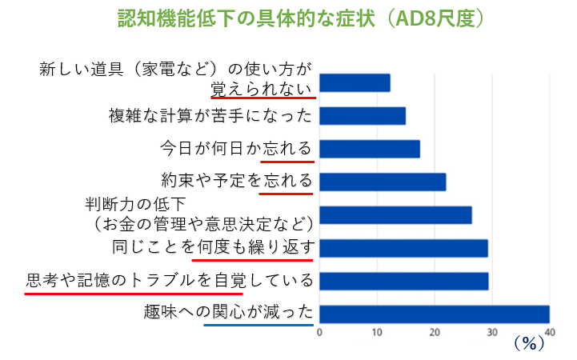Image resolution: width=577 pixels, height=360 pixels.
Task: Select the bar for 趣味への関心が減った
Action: point(434,314)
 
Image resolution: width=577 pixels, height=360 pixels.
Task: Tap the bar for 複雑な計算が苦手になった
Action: point(362,116)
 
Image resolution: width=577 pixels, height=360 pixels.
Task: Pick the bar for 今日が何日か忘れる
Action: point(369,149)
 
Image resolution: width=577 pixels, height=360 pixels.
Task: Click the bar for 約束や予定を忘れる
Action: point(382,182)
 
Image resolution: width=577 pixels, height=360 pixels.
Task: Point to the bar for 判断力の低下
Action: point(395,215)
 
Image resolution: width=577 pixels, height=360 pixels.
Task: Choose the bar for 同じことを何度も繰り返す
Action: point(403,248)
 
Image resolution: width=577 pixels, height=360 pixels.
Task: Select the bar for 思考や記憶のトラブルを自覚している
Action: point(403,281)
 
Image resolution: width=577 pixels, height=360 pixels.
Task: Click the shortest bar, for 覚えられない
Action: point(354,83)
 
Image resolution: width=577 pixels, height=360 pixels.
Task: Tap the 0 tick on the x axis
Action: point(319,330)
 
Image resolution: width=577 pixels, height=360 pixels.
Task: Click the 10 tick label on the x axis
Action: point(376,330)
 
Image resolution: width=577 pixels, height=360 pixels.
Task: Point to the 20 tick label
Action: point(434,330)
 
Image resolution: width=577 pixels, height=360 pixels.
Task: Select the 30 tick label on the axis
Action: point(491,330)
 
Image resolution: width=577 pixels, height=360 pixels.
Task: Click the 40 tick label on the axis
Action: point(548,330)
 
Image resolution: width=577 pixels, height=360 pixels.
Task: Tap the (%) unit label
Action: point(528,344)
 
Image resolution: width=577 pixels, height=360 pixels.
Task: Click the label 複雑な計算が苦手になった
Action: point(210,116)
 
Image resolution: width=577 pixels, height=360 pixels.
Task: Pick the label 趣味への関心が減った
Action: point(226,313)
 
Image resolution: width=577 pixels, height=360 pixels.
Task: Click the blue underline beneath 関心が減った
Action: point(258,325)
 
